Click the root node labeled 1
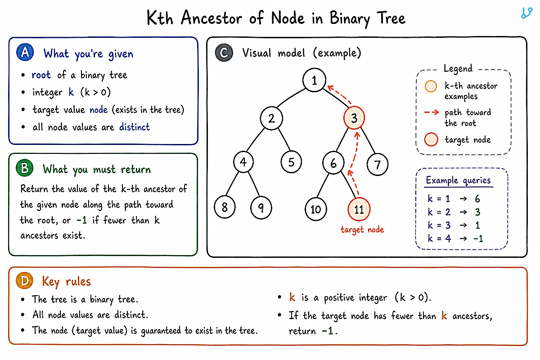[x=314, y=80]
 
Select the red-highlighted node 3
[x=354, y=118]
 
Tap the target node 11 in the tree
[x=359, y=209]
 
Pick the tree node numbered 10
[x=315, y=209]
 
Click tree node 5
[x=291, y=162]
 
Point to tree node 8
[x=225, y=207]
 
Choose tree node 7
[x=378, y=164]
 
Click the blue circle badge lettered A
[x=25, y=52]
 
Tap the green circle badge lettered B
[x=25, y=168]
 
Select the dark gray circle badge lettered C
[x=224, y=53]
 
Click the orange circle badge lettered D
[x=24, y=281]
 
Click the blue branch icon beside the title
[x=526, y=13]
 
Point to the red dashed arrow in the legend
[x=432, y=112]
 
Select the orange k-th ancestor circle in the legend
[x=431, y=86]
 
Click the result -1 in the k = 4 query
[x=478, y=238]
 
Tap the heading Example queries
[x=458, y=180]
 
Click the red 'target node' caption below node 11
[x=362, y=229]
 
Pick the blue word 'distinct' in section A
[x=135, y=127]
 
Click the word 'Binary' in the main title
[x=350, y=18]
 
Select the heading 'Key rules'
[x=66, y=282]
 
